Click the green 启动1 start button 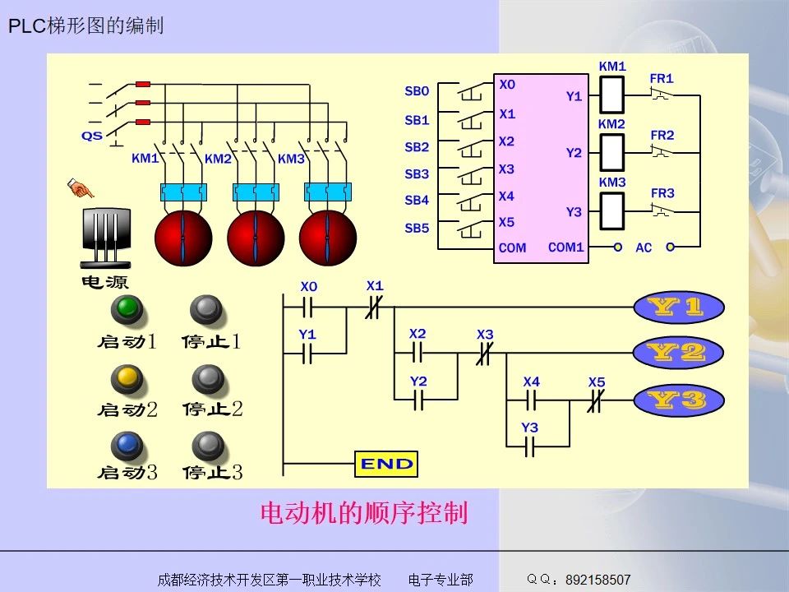127,310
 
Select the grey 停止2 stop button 207,378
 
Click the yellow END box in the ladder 385,464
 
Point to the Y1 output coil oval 678,308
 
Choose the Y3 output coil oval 678,400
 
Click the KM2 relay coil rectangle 611,152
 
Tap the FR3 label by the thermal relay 662,193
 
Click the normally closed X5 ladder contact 597,400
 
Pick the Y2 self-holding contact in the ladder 418,400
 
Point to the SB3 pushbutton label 417,174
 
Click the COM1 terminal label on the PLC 565,247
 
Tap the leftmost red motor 183,237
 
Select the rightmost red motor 328,237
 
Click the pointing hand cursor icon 81,189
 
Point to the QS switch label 92,136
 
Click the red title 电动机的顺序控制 364,514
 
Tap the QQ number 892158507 598,580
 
